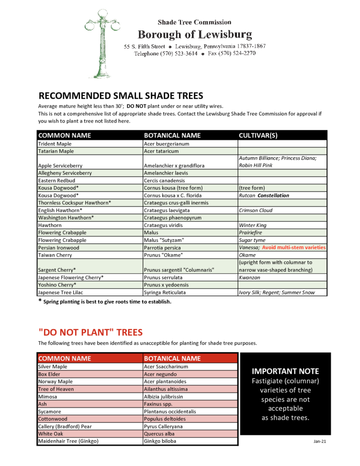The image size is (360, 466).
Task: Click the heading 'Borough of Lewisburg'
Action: click(x=194, y=34)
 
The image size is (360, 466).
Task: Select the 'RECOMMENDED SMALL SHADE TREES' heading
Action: click(x=121, y=95)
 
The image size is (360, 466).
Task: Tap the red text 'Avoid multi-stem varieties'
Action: click(x=294, y=247)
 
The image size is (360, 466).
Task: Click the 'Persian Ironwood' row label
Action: click(x=59, y=247)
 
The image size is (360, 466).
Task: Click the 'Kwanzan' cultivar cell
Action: click(x=249, y=277)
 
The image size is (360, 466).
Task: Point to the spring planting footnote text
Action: click(x=107, y=302)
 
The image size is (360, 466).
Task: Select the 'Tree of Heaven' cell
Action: click(x=56, y=389)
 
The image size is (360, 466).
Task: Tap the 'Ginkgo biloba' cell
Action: click(x=160, y=441)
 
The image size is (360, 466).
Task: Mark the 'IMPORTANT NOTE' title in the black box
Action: click(x=285, y=371)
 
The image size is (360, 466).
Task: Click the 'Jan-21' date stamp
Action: click(x=319, y=441)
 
